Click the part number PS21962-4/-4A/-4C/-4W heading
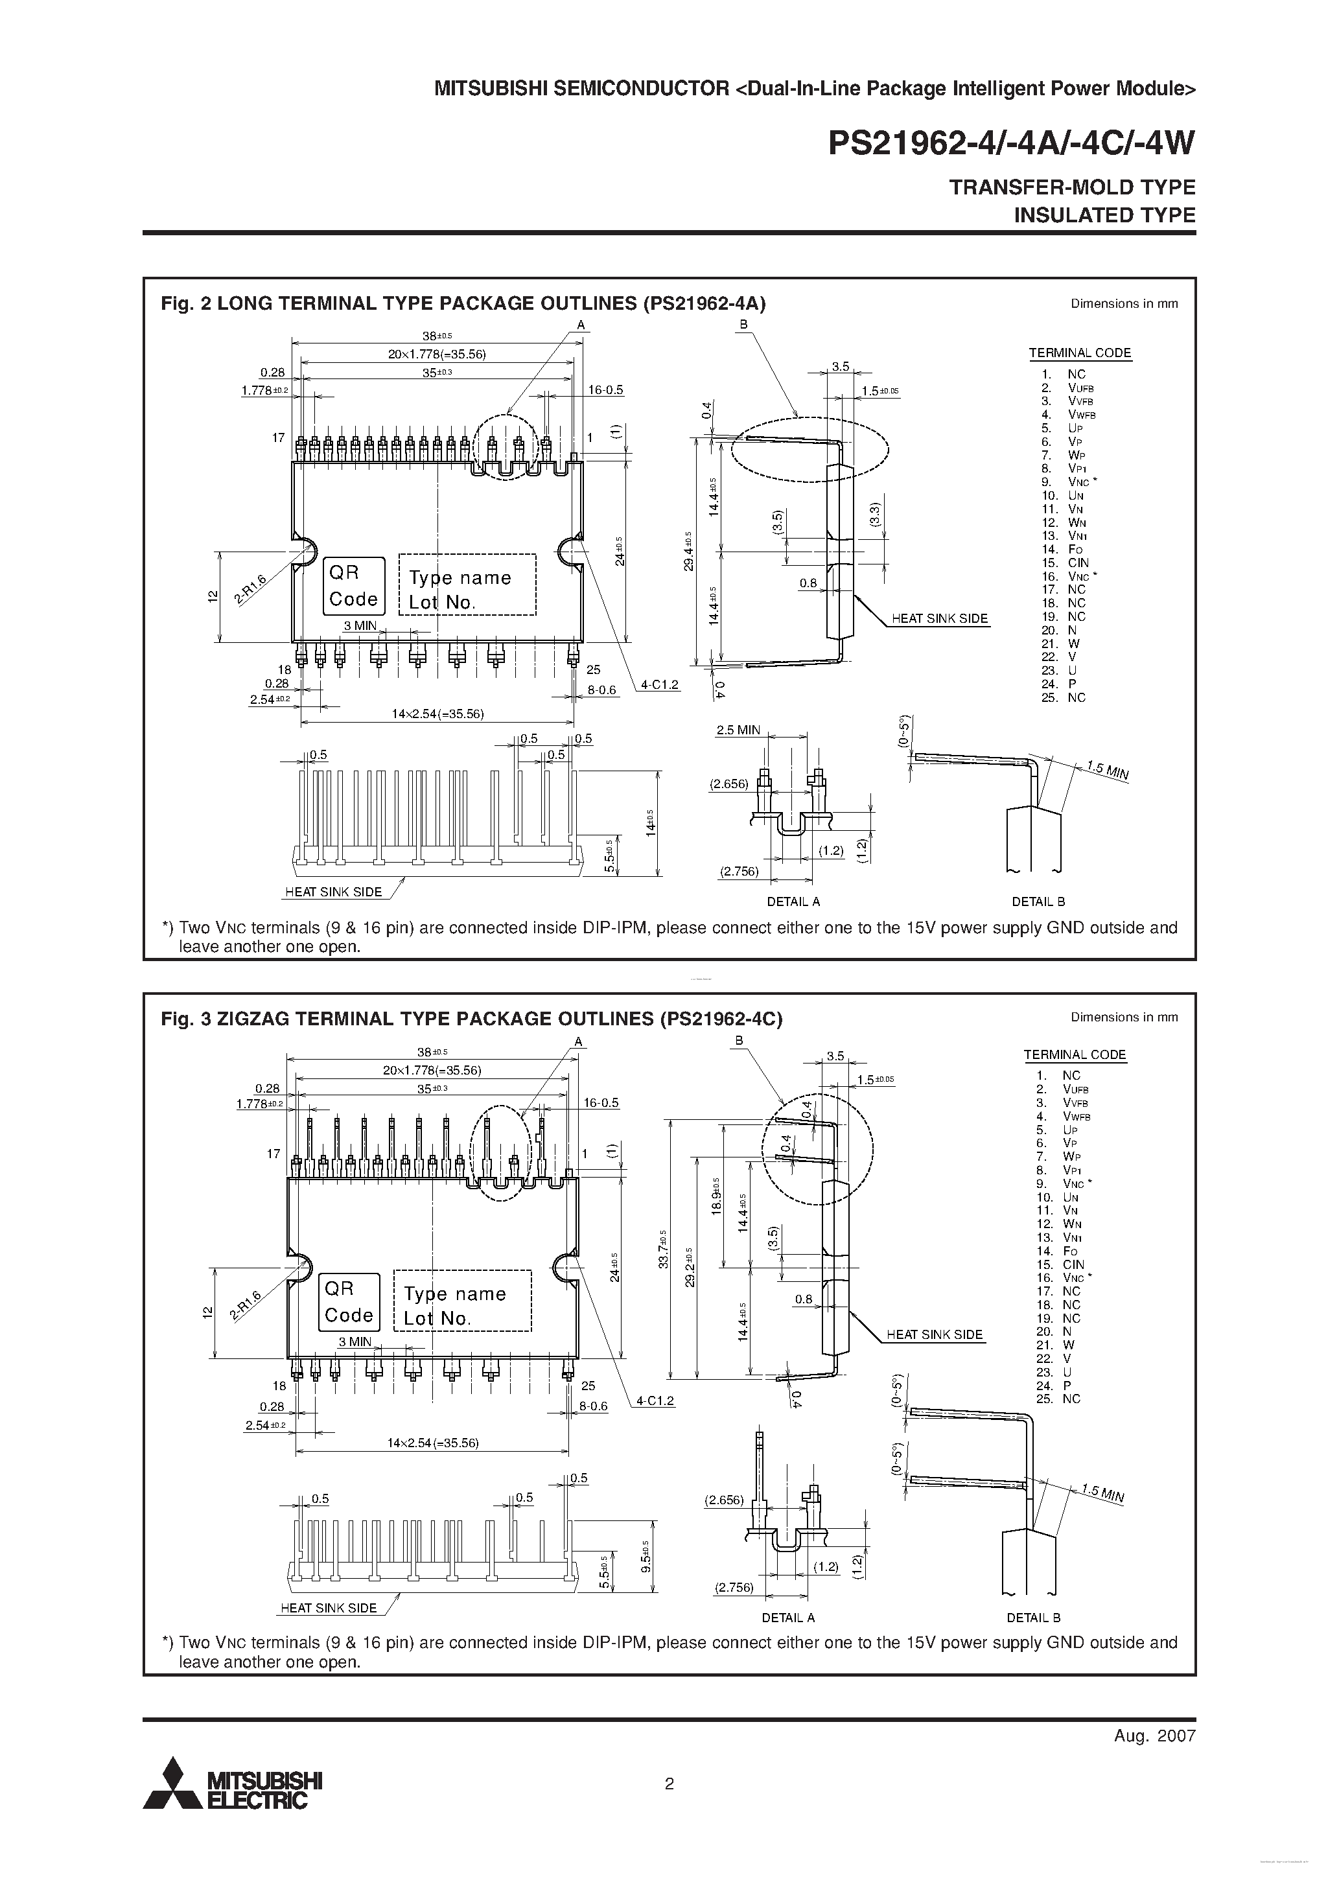1011,145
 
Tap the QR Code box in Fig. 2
353,586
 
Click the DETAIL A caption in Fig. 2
793,901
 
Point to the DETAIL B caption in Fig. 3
1032,1618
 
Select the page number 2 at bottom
669,1784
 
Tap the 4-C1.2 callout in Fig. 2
660,684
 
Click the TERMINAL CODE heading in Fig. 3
1075,1055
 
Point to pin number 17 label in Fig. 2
278,437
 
